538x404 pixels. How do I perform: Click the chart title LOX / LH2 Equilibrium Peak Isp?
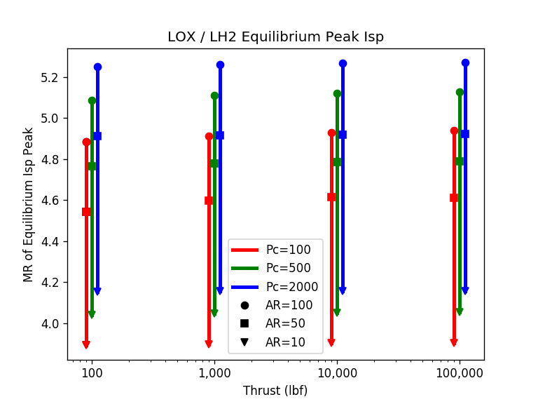pyautogui.click(x=275, y=37)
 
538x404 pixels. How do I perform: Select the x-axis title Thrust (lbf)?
pyautogui.click(x=275, y=391)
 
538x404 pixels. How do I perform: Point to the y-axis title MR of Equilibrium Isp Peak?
pyautogui.click(x=29, y=204)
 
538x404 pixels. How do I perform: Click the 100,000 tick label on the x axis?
pyautogui.click(x=460, y=373)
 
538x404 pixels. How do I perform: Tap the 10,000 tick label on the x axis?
pyautogui.click(x=337, y=373)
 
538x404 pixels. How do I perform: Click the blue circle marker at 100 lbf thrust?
pyautogui.click(x=97, y=67)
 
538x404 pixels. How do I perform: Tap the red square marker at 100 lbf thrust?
pyautogui.click(x=86, y=212)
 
